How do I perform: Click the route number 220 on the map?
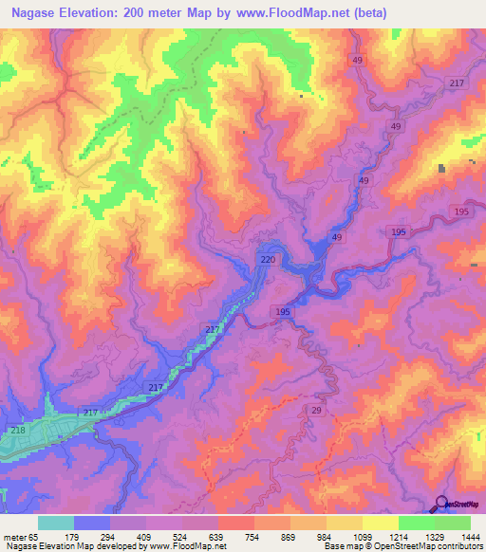pyautogui.click(x=268, y=258)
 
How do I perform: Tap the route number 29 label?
pyautogui.click(x=315, y=409)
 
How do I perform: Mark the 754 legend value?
pyautogui.click(x=253, y=538)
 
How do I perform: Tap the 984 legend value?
pyautogui.click(x=326, y=538)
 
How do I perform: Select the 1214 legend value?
pyautogui.click(x=397, y=538)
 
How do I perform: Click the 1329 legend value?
pyautogui.click(x=434, y=538)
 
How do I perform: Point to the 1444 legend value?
pyautogui.click(x=470, y=538)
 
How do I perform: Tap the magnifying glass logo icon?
pyautogui.click(x=441, y=505)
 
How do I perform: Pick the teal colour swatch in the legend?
pyautogui.click(x=55, y=523)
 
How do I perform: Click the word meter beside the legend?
pyautogui.click(x=13, y=538)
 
